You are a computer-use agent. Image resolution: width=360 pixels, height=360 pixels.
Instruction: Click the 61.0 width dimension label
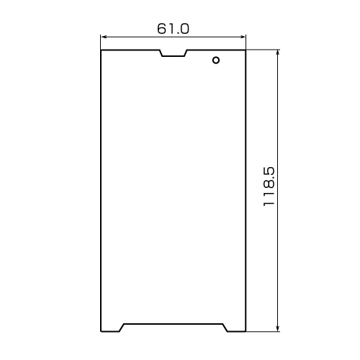pos(173,29)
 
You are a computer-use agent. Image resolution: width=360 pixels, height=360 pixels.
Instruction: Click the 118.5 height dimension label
pos(269,186)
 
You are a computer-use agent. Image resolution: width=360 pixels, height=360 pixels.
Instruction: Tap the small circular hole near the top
pos(216,60)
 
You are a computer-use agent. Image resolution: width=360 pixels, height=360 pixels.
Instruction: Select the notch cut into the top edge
pos(174,53)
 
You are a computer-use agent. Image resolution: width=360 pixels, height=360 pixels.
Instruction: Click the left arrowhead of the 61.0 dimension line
pos(104,37)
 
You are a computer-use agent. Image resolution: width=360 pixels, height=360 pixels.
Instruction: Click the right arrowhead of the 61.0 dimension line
pos(243,37)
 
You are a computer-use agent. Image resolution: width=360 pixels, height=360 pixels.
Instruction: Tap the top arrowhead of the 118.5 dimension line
pos(278,53)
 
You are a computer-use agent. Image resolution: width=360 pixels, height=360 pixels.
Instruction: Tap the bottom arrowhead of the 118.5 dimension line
pos(278,329)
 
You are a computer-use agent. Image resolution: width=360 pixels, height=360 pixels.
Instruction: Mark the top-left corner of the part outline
pos(101,50)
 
